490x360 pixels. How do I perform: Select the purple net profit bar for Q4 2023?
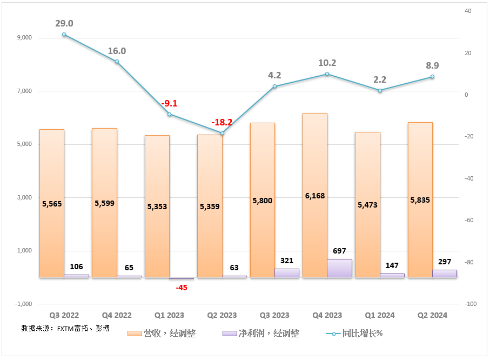339,268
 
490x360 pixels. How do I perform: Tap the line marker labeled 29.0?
64,35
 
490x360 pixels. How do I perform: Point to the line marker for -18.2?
222,133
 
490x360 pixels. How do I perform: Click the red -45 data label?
182,288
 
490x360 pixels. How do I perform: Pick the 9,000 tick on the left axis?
25,38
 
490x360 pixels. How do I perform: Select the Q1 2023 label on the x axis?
169,315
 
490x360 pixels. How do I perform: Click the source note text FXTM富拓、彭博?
65,328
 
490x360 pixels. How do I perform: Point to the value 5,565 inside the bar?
52,204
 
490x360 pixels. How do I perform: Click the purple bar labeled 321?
287,273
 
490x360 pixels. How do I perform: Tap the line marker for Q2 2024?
432,77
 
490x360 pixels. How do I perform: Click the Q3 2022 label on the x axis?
64,315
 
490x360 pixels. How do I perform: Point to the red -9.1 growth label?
169,103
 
